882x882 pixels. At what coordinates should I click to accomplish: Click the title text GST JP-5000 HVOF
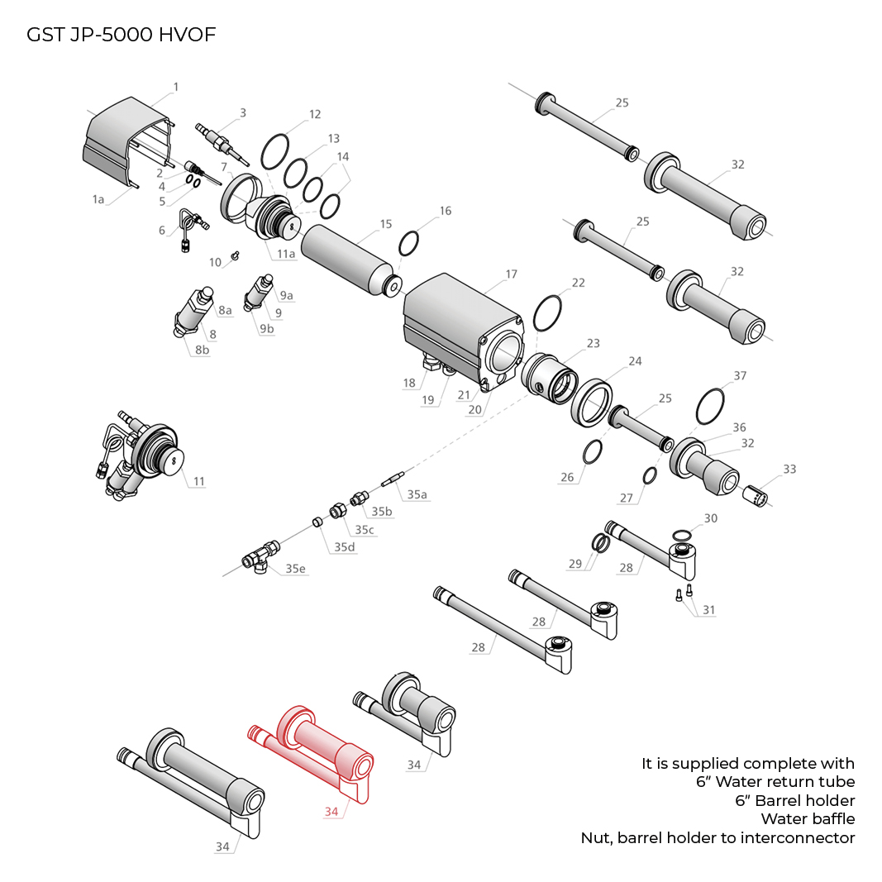[x=122, y=35]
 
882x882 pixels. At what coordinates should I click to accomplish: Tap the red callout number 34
[x=331, y=812]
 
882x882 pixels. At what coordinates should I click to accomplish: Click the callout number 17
[x=511, y=274]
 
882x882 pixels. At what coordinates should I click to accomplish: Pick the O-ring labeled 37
[x=711, y=406]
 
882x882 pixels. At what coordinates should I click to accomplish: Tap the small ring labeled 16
[x=409, y=244]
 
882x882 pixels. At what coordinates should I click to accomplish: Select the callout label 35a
[x=417, y=494]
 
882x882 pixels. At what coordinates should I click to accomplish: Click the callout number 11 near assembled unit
[x=198, y=480]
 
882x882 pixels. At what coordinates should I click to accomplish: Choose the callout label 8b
[x=202, y=350]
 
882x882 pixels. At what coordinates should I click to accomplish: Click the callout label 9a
[x=286, y=296]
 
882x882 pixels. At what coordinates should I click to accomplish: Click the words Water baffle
[x=808, y=819]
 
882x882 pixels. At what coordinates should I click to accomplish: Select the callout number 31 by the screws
[x=708, y=610]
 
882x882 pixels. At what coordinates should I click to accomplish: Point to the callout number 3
[x=243, y=112]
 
